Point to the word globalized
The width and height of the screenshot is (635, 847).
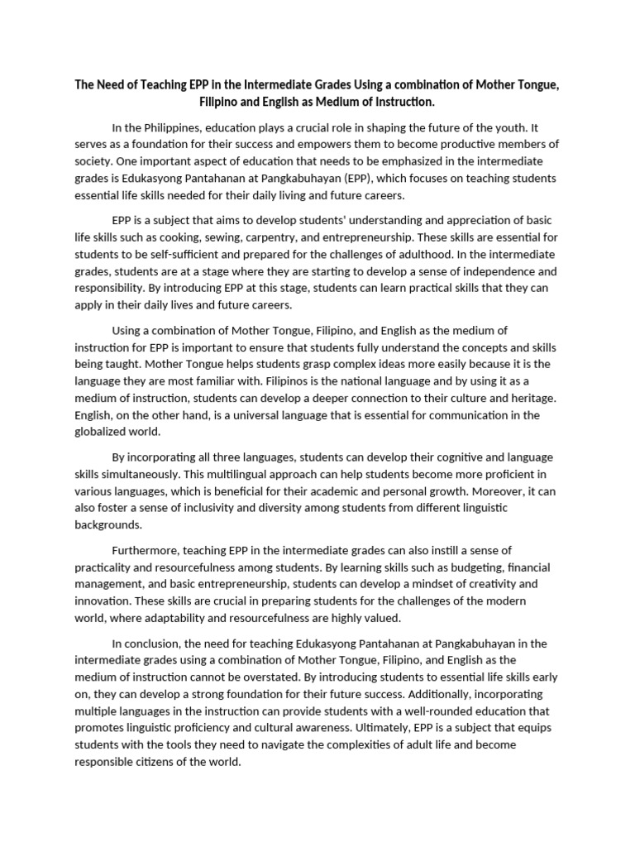coord(104,431)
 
